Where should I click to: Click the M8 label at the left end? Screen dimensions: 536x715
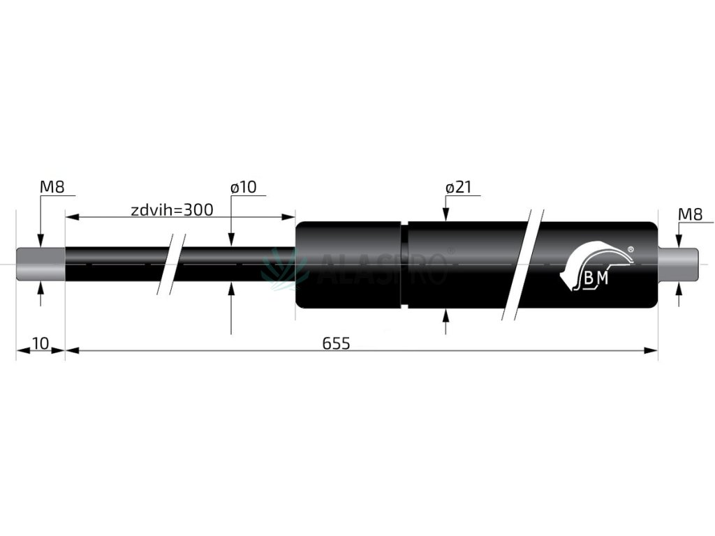coord(52,187)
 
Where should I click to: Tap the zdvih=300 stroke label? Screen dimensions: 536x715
coord(172,209)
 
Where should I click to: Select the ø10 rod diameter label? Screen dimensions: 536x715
coord(243,187)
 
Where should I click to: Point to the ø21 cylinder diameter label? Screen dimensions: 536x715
coord(459,187)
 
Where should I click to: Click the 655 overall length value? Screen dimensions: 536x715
coord(336,343)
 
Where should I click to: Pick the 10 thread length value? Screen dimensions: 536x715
coord(40,343)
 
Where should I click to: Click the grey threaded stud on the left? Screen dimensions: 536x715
coord(40,265)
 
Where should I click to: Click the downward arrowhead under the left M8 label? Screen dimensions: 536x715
coord(40,241)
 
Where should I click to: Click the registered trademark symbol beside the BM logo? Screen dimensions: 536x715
coord(631,248)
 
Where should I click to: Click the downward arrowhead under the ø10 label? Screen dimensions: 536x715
coord(231,241)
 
